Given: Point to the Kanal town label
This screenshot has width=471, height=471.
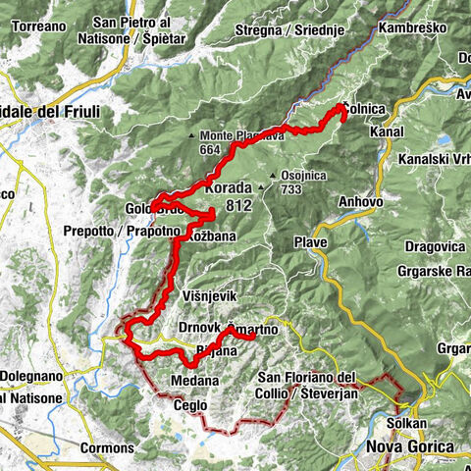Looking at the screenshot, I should [389, 131].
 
